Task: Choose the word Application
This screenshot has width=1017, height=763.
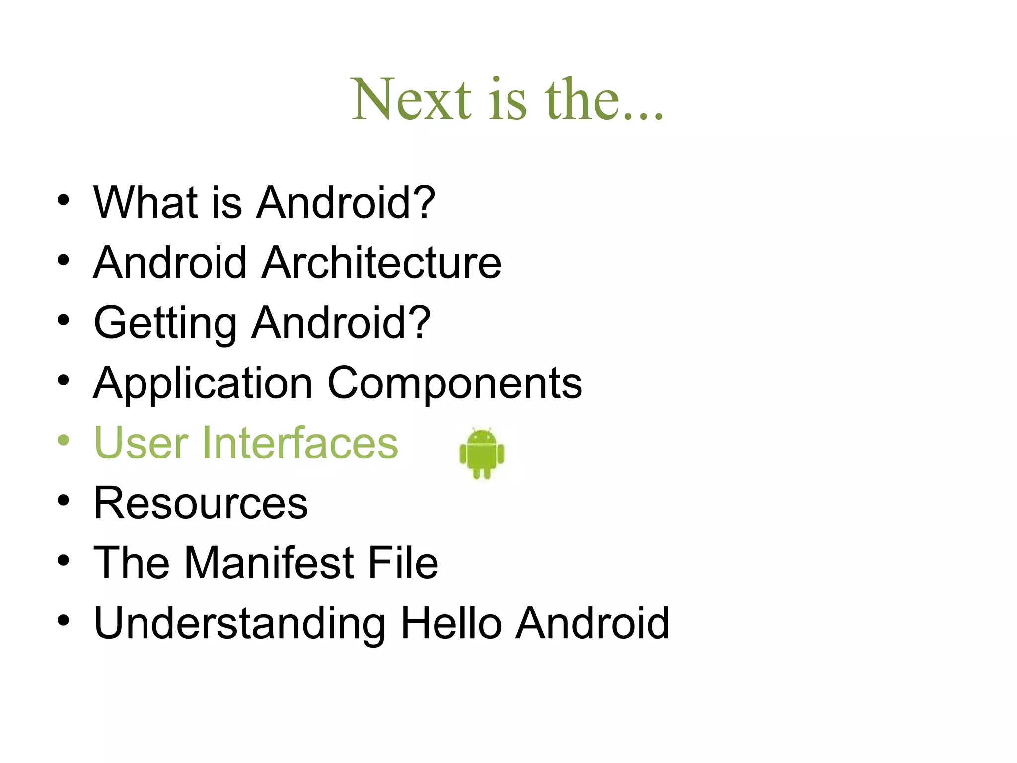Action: tap(203, 384)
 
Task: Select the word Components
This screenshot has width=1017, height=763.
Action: tap(454, 384)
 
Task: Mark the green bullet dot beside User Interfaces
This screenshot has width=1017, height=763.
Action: tap(63, 440)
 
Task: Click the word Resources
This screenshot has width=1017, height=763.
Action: tap(201, 503)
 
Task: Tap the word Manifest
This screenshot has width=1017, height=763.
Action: tap(269, 563)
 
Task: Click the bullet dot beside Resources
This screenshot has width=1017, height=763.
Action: tap(63, 500)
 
